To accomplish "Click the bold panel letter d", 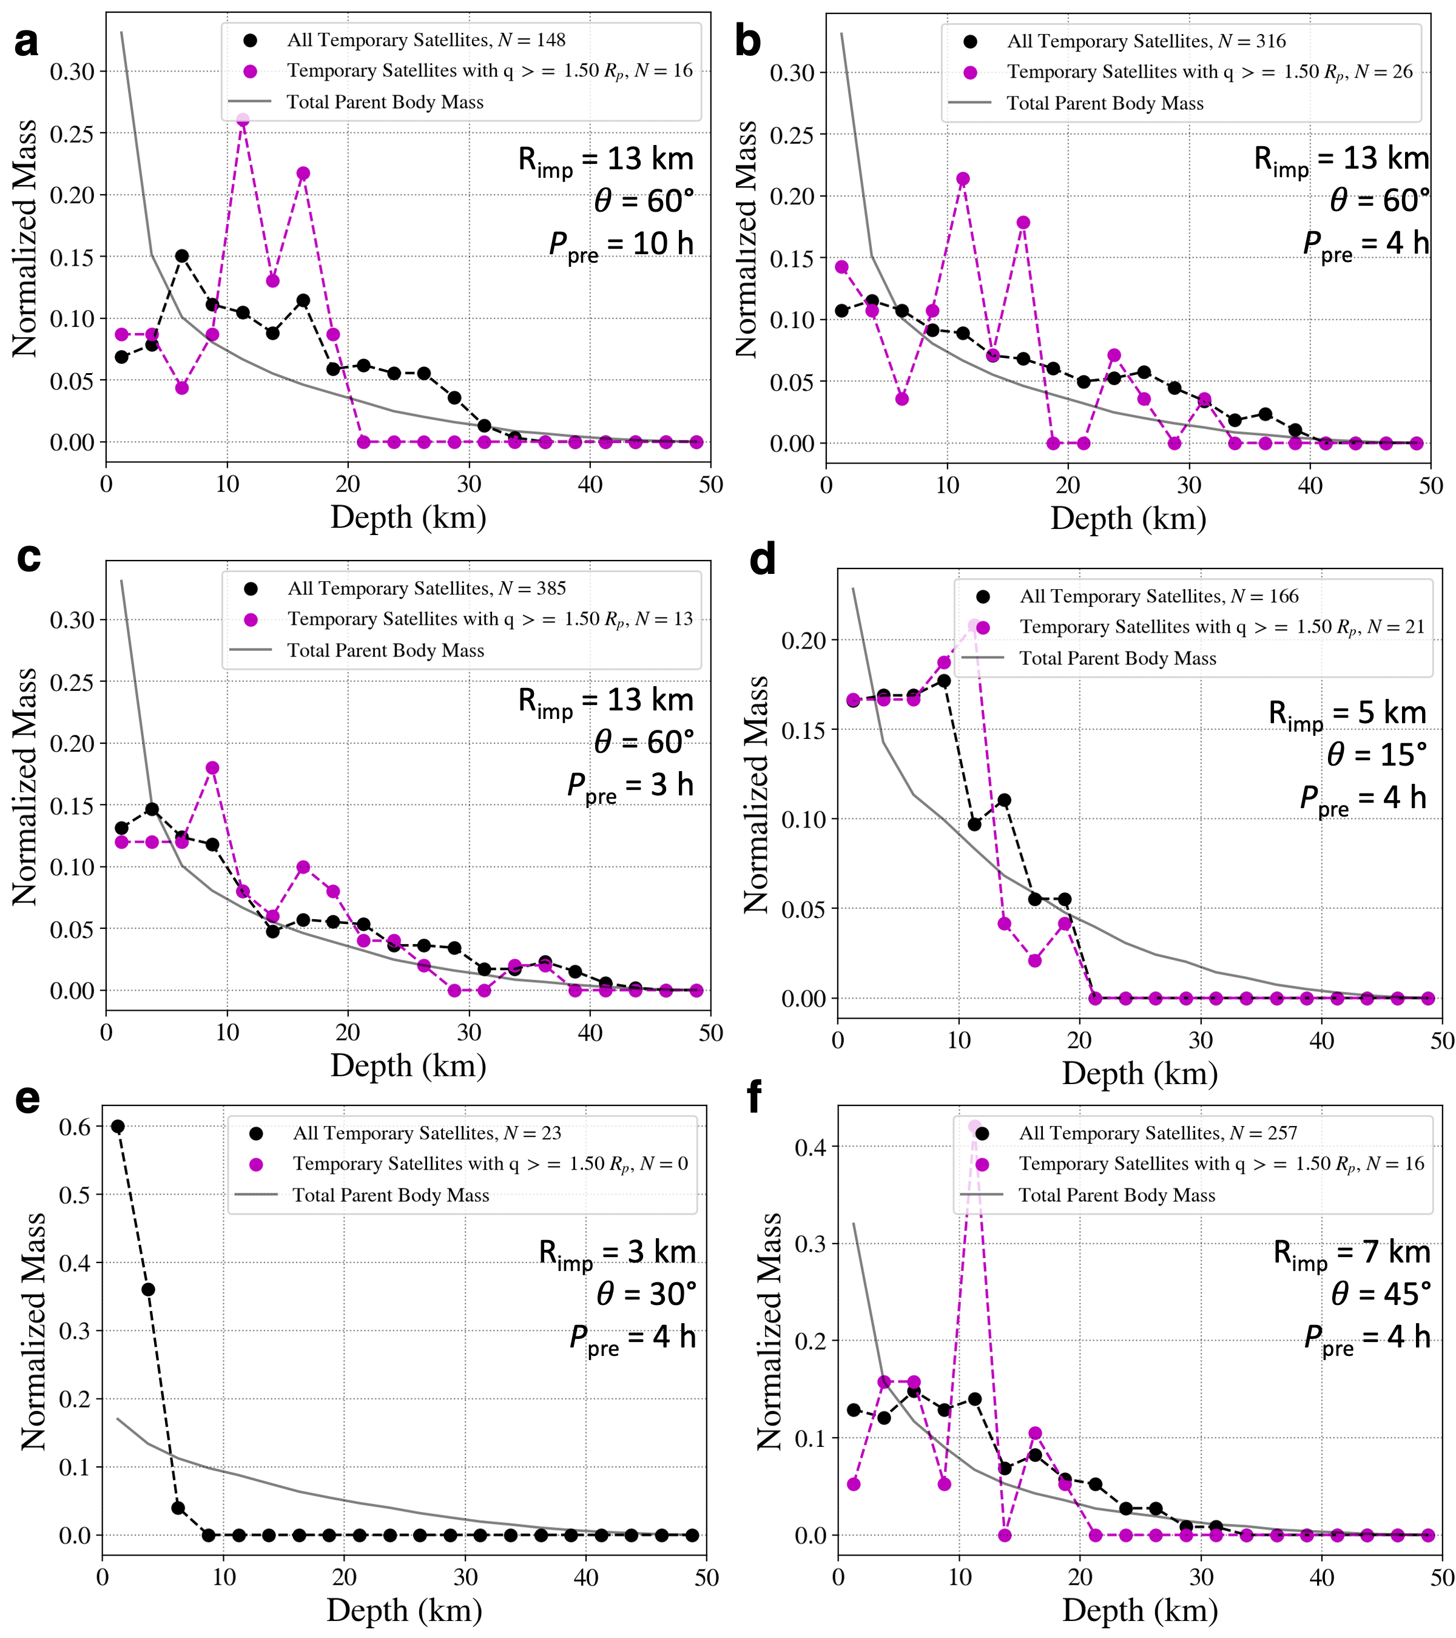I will tap(761, 559).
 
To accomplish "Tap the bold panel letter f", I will tap(753, 1096).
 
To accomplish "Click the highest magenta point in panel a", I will tap(243, 120).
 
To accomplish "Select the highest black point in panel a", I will tap(182, 255).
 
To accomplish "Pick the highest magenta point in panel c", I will tap(212, 767).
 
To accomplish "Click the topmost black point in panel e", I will tap(118, 1126).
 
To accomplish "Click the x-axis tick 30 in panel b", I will tap(1189, 485).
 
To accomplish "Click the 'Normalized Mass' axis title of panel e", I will tap(33, 1331).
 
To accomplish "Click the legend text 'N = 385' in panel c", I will tap(532, 588).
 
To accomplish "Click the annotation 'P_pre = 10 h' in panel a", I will tap(621, 244).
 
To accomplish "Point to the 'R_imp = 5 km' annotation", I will tap(1346, 713).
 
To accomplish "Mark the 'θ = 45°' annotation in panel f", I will tap(1381, 1294).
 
